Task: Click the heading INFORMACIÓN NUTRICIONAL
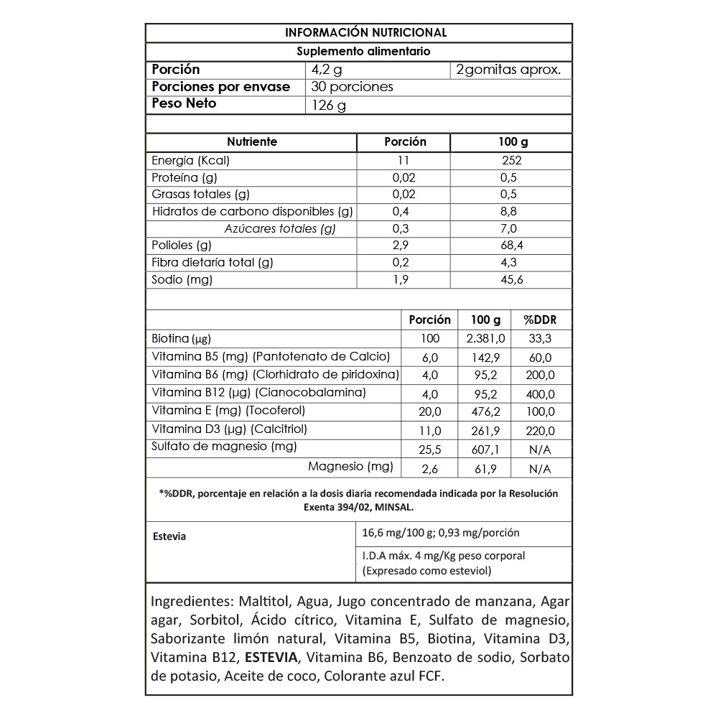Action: [x=366, y=33]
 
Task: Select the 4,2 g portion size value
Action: [x=327, y=70]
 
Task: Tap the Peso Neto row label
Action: [x=184, y=103]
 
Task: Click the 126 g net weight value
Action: [x=329, y=106]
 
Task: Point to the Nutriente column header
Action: [x=251, y=142]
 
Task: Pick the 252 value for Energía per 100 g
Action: [x=512, y=160]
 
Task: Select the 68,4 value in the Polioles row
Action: [x=512, y=246]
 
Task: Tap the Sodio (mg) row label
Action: [x=182, y=279]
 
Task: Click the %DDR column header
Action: [x=540, y=320]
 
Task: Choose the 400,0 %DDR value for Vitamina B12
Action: [x=540, y=394]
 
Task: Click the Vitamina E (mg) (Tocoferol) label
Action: [x=229, y=411]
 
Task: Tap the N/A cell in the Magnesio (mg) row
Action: [x=540, y=470]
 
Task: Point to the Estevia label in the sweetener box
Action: [x=170, y=536]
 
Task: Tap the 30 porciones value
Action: [x=353, y=87]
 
